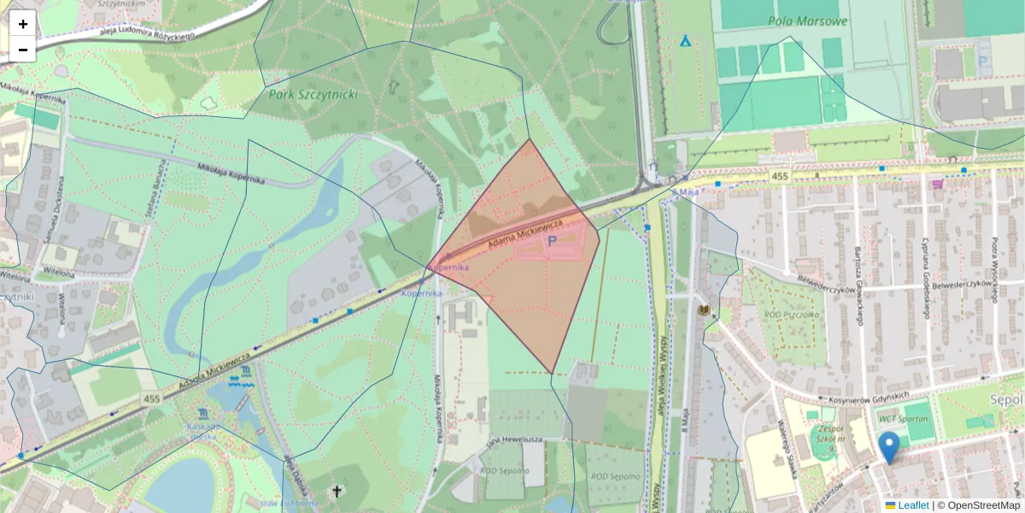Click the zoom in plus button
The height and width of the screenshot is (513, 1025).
[x=23, y=24]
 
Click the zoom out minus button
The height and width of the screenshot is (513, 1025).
[x=23, y=50]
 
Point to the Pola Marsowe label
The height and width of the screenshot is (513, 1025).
[x=807, y=21]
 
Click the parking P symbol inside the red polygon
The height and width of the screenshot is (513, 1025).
[x=551, y=242]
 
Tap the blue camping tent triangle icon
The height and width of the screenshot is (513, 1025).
[x=684, y=40]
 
